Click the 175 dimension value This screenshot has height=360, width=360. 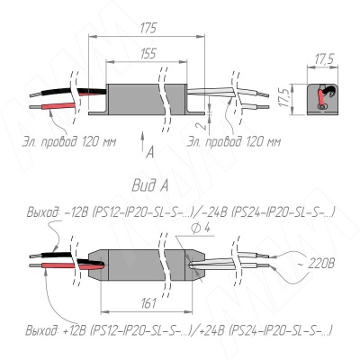pos(148,28)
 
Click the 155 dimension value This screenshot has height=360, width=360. pos(148,54)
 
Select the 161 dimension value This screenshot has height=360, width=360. pos(148,303)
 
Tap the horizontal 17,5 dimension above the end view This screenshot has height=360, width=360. pos(324,59)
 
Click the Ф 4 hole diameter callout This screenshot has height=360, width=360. pos(200,229)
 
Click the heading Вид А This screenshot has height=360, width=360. pos(150,186)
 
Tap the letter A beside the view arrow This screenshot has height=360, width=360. pos(150,153)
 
